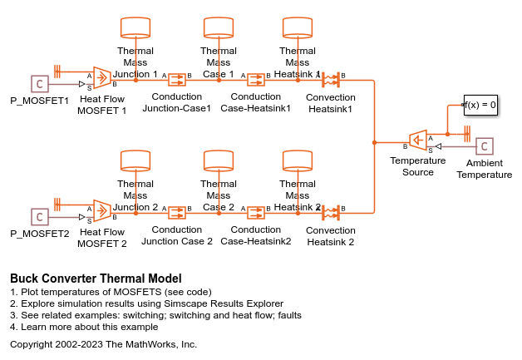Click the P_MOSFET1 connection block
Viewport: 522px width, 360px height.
pyautogui.click(x=38, y=83)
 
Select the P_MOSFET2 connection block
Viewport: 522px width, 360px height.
pyautogui.click(x=38, y=217)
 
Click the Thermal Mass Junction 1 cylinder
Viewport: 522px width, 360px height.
pyautogui.click(x=135, y=27)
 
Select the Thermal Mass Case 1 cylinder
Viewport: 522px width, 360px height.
pyautogui.click(x=218, y=27)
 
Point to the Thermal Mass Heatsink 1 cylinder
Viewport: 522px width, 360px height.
pyautogui.click(x=297, y=27)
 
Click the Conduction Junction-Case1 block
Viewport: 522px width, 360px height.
pyautogui.click(x=176, y=80)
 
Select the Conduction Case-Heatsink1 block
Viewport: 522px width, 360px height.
pyautogui.click(x=256, y=80)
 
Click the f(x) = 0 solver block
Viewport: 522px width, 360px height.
pyautogui.click(x=480, y=106)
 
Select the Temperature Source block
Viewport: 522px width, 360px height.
pyautogui.click(x=418, y=141)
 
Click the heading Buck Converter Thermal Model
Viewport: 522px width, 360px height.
pyautogui.click(x=96, y=279)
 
